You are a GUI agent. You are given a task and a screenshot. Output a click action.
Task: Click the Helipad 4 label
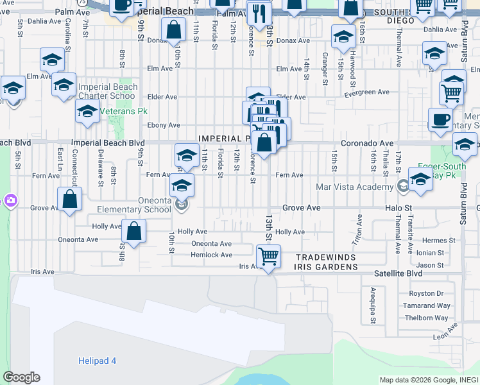(97, 361)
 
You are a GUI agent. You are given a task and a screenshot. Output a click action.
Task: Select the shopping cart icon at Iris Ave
(268, 257)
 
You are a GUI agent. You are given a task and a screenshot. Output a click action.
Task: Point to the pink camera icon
(10, 201)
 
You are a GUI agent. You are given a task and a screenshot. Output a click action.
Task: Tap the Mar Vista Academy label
(354, 187)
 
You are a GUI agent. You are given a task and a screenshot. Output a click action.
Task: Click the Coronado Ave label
(366, 143)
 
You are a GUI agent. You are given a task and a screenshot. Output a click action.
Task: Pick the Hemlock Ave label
(211, 255)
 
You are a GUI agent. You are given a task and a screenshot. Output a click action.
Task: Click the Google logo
(21, 377)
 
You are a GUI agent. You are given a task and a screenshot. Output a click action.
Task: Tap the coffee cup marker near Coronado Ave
(440, 120)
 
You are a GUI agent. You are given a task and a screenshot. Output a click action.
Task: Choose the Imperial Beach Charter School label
(108, 92)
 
